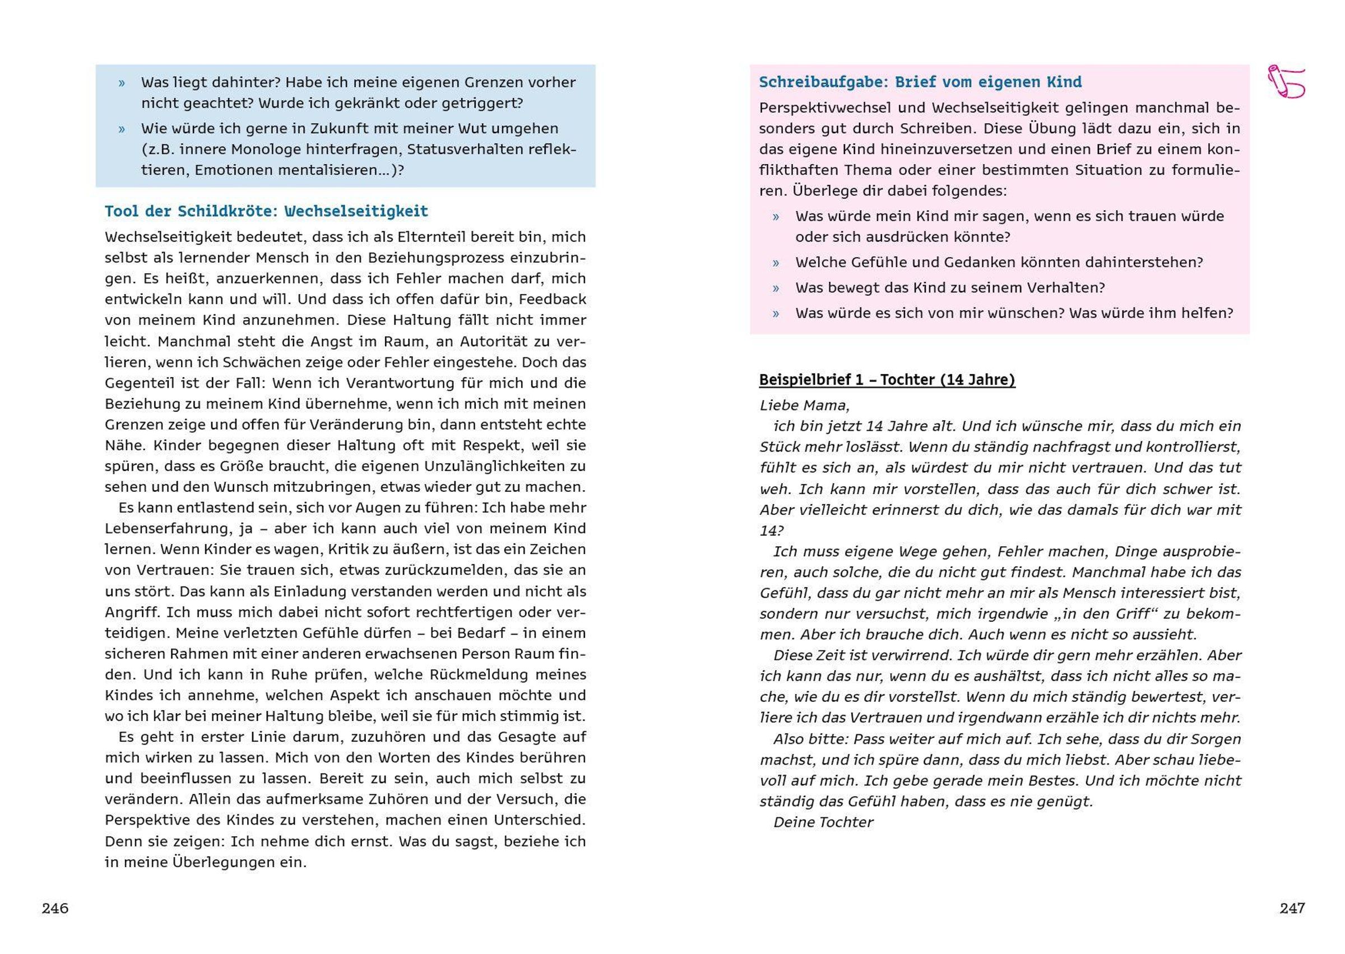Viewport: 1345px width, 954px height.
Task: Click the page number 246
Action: [x=55, y=908]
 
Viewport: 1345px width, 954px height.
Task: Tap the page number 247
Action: [x=1292, y=908]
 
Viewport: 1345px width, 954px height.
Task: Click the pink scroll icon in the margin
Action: [x=1286, y=81]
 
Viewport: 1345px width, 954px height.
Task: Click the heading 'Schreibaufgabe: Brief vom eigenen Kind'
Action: [x=920, y=82]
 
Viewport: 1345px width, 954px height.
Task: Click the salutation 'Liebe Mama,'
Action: [x=804, y=406]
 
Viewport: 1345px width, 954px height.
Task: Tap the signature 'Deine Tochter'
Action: [x=823, y=822]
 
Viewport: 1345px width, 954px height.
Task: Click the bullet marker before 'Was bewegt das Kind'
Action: [x=776, y=288]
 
